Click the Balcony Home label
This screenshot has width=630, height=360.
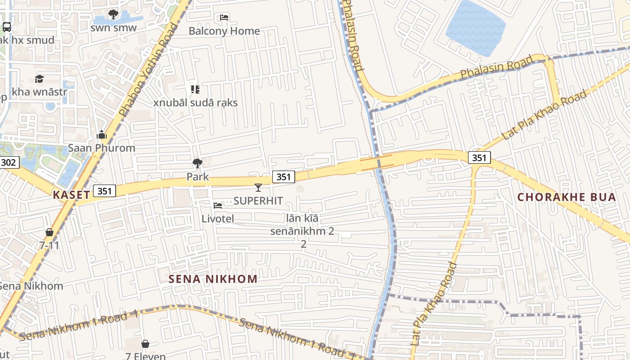pos(224,31)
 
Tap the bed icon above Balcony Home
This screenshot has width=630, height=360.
pos(224,18)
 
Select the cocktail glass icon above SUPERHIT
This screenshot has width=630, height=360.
pos(258,188)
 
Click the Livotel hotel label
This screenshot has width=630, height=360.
pos(217,219)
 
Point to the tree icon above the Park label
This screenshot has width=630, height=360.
pos(197,163)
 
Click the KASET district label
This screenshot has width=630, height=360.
pos(71,195)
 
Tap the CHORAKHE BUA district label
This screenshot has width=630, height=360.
pos(566,197)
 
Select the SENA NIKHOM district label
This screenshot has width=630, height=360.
pos(213,279)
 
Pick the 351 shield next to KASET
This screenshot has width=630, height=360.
pos(104,191)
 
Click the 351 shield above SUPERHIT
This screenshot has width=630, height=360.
pos(283,177)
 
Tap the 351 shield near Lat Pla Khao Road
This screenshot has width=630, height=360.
pos(479,157)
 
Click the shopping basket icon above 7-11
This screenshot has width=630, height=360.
pos(49,232)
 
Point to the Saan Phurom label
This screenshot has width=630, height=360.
pos(101,148)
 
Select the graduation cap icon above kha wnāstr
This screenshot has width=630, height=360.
pos(39,79)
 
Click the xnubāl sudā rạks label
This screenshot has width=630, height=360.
pos(195,103)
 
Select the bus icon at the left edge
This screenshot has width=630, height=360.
pos(7,27)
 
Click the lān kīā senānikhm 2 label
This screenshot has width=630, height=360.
pos(303,225)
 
